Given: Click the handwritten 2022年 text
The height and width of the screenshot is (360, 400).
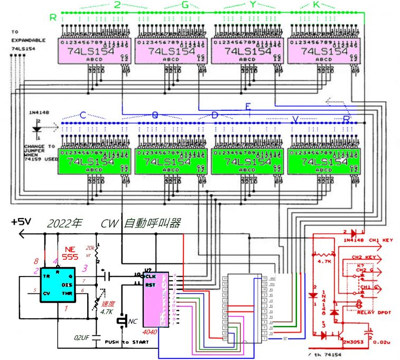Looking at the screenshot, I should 64,223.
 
